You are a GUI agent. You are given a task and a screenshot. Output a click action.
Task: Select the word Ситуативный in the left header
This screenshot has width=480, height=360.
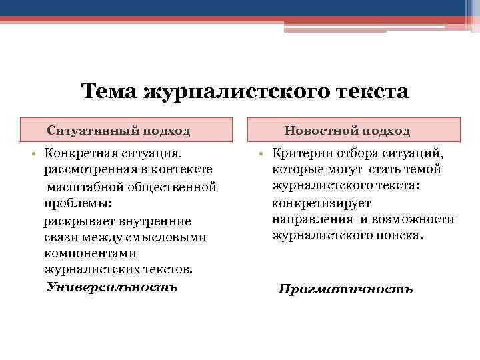pyautogui.click(x=89, y=131)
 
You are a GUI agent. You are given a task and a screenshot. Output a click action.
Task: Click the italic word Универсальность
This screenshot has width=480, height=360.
pyautogui.click(x=113, y=287)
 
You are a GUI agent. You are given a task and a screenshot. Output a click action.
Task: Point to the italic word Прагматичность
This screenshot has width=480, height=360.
pyautogui.click(x=345, y=289)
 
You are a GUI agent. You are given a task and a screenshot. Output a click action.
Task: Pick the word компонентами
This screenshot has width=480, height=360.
pyautogui.click(x=90, y=253)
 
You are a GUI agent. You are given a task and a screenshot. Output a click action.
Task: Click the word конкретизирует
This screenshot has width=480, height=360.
pyautogui.click(x=321, y=203)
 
